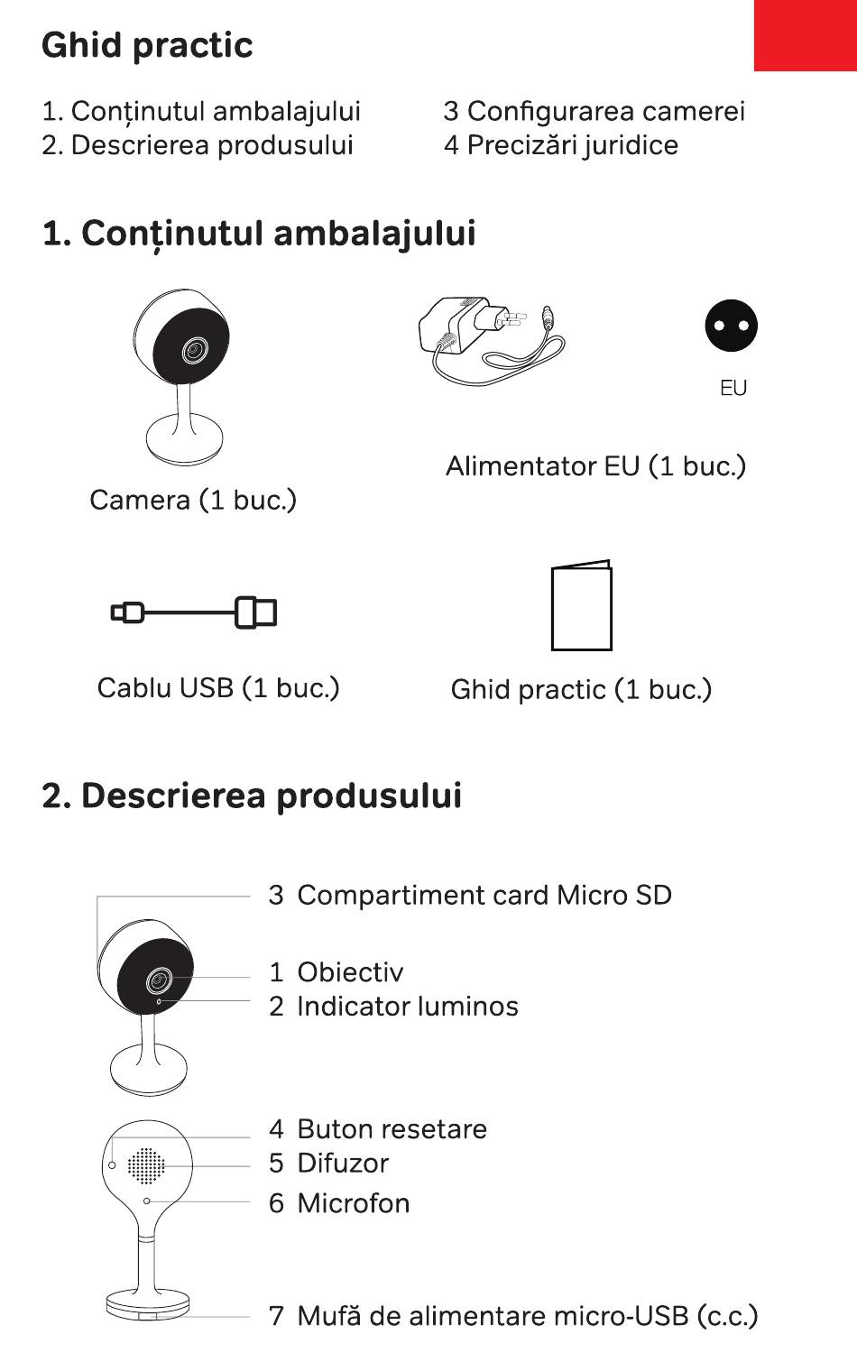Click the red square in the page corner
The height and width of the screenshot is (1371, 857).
click(806, 35)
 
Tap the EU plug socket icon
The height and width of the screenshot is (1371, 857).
click(732, 326)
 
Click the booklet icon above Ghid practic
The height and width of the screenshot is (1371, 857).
click(581, 605)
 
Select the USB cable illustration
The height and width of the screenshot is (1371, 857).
click(194, 612)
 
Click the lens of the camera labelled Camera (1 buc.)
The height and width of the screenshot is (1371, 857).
click(192, 350)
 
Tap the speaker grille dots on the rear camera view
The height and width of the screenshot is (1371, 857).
click(146, 1165)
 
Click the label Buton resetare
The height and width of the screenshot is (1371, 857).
click(392, 1128)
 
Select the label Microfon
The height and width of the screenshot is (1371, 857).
click(353, 1202)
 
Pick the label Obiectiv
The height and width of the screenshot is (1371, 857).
click(350, 971)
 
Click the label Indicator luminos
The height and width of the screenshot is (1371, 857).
click(407, 1006)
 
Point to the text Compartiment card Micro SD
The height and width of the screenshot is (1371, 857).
click(484, 895)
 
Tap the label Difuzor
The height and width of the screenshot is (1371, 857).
click(343, 1163)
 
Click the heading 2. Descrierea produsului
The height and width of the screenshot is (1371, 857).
click(252, 796)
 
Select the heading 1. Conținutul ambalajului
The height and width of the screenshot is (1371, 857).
click(259, 233)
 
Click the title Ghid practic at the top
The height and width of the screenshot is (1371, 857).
click(147, 45)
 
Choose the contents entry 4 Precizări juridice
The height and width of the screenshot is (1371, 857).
click(560, 145)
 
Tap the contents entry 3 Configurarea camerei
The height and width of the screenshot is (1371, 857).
click(594, 111)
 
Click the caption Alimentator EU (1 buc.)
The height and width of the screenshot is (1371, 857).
click(595, 465)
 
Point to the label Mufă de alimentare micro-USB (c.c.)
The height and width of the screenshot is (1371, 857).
click(527, 1315)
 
